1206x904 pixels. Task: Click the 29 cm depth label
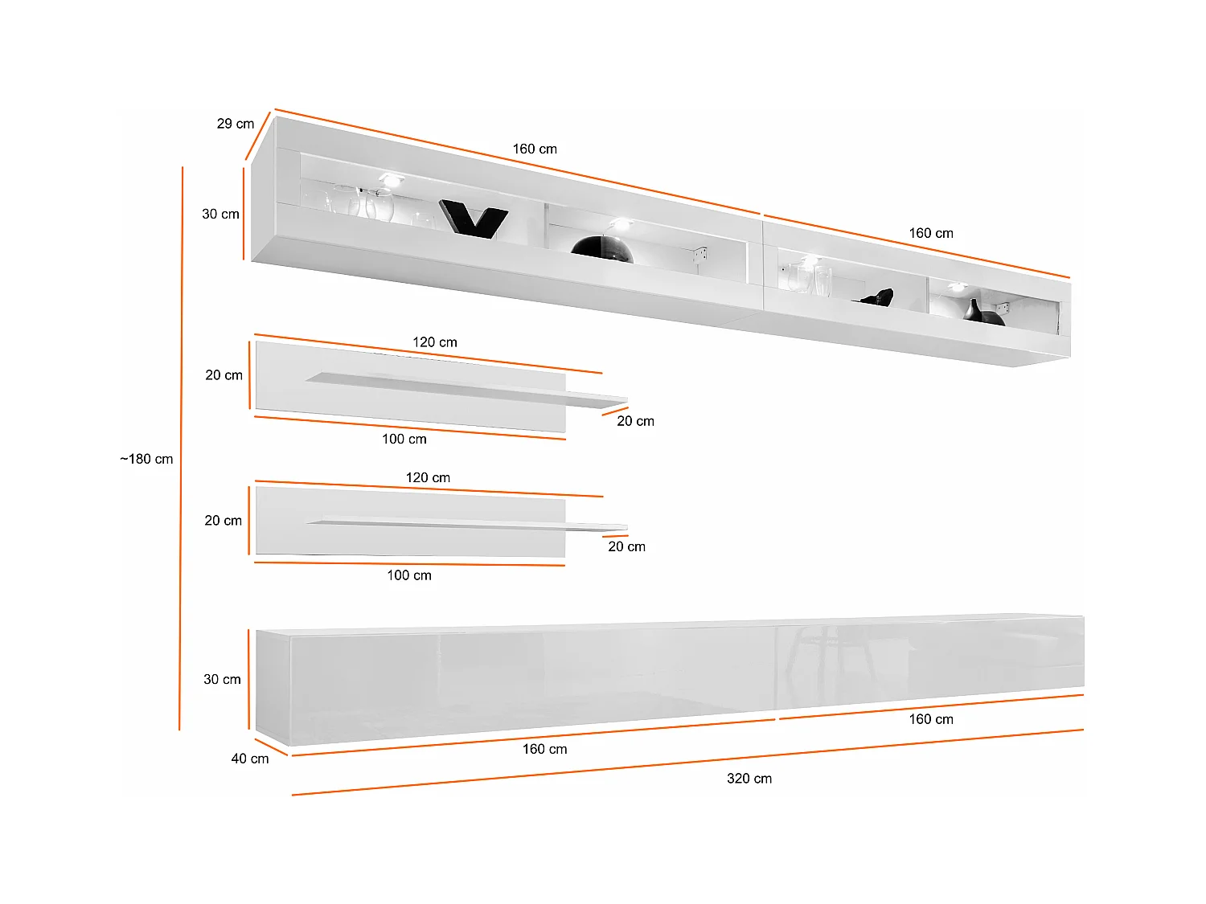pos(235,124)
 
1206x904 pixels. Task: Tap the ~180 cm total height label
pos(146,460)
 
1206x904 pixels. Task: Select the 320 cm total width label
pos(749,779)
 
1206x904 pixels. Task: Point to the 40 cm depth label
pos(250,759)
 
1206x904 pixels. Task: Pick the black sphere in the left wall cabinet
pos(603,250)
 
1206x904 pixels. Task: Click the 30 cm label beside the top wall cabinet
pos(220,215)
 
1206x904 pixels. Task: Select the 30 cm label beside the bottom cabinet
pos(222,680)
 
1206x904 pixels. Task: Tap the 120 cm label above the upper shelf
pos(434,342)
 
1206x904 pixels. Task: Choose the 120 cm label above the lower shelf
pos(428,478)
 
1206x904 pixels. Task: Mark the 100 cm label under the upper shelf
pos(404,440)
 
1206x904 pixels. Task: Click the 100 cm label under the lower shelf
pos(408,575)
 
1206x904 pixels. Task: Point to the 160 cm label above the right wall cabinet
pos(931,234)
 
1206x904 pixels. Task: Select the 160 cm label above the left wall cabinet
pos(535,149)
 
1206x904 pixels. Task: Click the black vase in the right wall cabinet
pos(974,311)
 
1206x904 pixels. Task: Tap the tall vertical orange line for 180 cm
pos(181,450)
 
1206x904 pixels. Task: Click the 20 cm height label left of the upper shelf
pos(224,375)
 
